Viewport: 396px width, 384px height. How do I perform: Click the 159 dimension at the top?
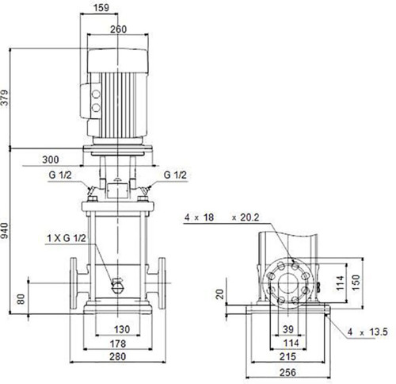pos(101,7)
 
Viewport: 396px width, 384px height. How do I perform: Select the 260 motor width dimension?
pos(118,29)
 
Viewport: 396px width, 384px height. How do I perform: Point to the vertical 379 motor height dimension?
pos(5,98)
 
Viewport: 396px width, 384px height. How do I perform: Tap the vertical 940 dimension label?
pos(5,230)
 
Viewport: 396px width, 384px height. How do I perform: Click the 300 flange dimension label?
pos(51,159)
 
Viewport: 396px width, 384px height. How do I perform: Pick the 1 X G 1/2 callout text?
pos(67,238)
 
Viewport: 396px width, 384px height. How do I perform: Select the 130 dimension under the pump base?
pos(122,329)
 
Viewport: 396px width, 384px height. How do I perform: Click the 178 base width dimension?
pos(118,344)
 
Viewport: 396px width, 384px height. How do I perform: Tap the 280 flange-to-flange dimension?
pos(118,356)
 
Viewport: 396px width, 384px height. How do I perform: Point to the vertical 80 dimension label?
pos(21,299)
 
